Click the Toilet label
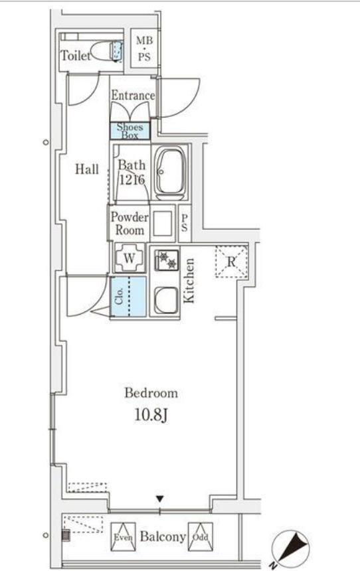pyautogui.click(x=76, y=56)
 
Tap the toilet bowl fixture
pyautogui.click(x=107, y=51)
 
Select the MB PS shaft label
pyautogui.click(x=144, y=48)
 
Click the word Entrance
pyautogui.click(x=133, y=96)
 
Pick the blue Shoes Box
pyautogui.click(x=130, y=131)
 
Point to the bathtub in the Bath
pyautogui.click(x=169, y=172)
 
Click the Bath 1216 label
pyautogui.click(x=131, y=172)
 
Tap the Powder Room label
pyautogui.click(x=130, y=223)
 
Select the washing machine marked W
pyautogui.click(x=130, y=258)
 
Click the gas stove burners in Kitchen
pyautogui.click(x=167, y=260)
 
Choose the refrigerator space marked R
pyautogui.click(x=231, y=262)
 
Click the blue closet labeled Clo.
pyautogui.click(x=129, y=296)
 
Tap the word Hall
pyautogui.click(x=87, y=169)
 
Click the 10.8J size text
pyautogui.click(x=151, y=415)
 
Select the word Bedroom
pyautogui.click(x=151, y=393)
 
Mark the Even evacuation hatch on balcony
pyautogui.click(x=123, y=536)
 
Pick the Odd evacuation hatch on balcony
pyautogui.click(x=201, y=536)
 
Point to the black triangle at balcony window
pyautogui.click(x=159, y=499)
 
